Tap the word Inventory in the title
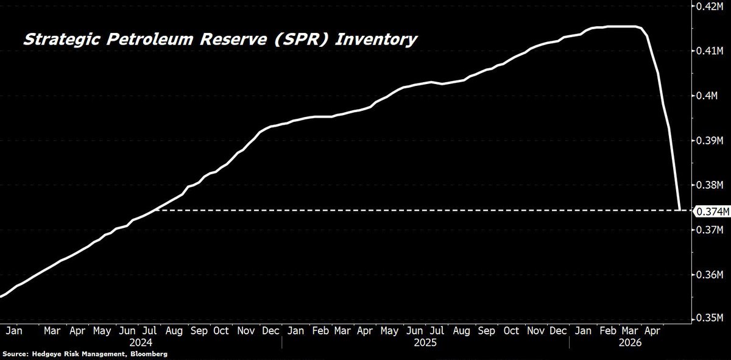(376, 40)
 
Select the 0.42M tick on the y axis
(710, 6)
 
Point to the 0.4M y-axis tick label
(707, 96)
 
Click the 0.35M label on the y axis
(710, 317)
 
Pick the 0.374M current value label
(713, 211)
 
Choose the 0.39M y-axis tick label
(710, 140)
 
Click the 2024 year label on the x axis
(141, 343)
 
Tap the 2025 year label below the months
(425, 343)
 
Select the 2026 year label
(630, 343)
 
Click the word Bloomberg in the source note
(149, 354)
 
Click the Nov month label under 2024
(245, 331)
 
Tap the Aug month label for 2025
(462, 331)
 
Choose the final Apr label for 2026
(652, 331)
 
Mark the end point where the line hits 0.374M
(680, 210)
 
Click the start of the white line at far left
(1, 297)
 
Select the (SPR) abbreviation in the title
(300, 40)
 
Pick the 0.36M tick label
(710, 275)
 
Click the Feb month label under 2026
(608, 331)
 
